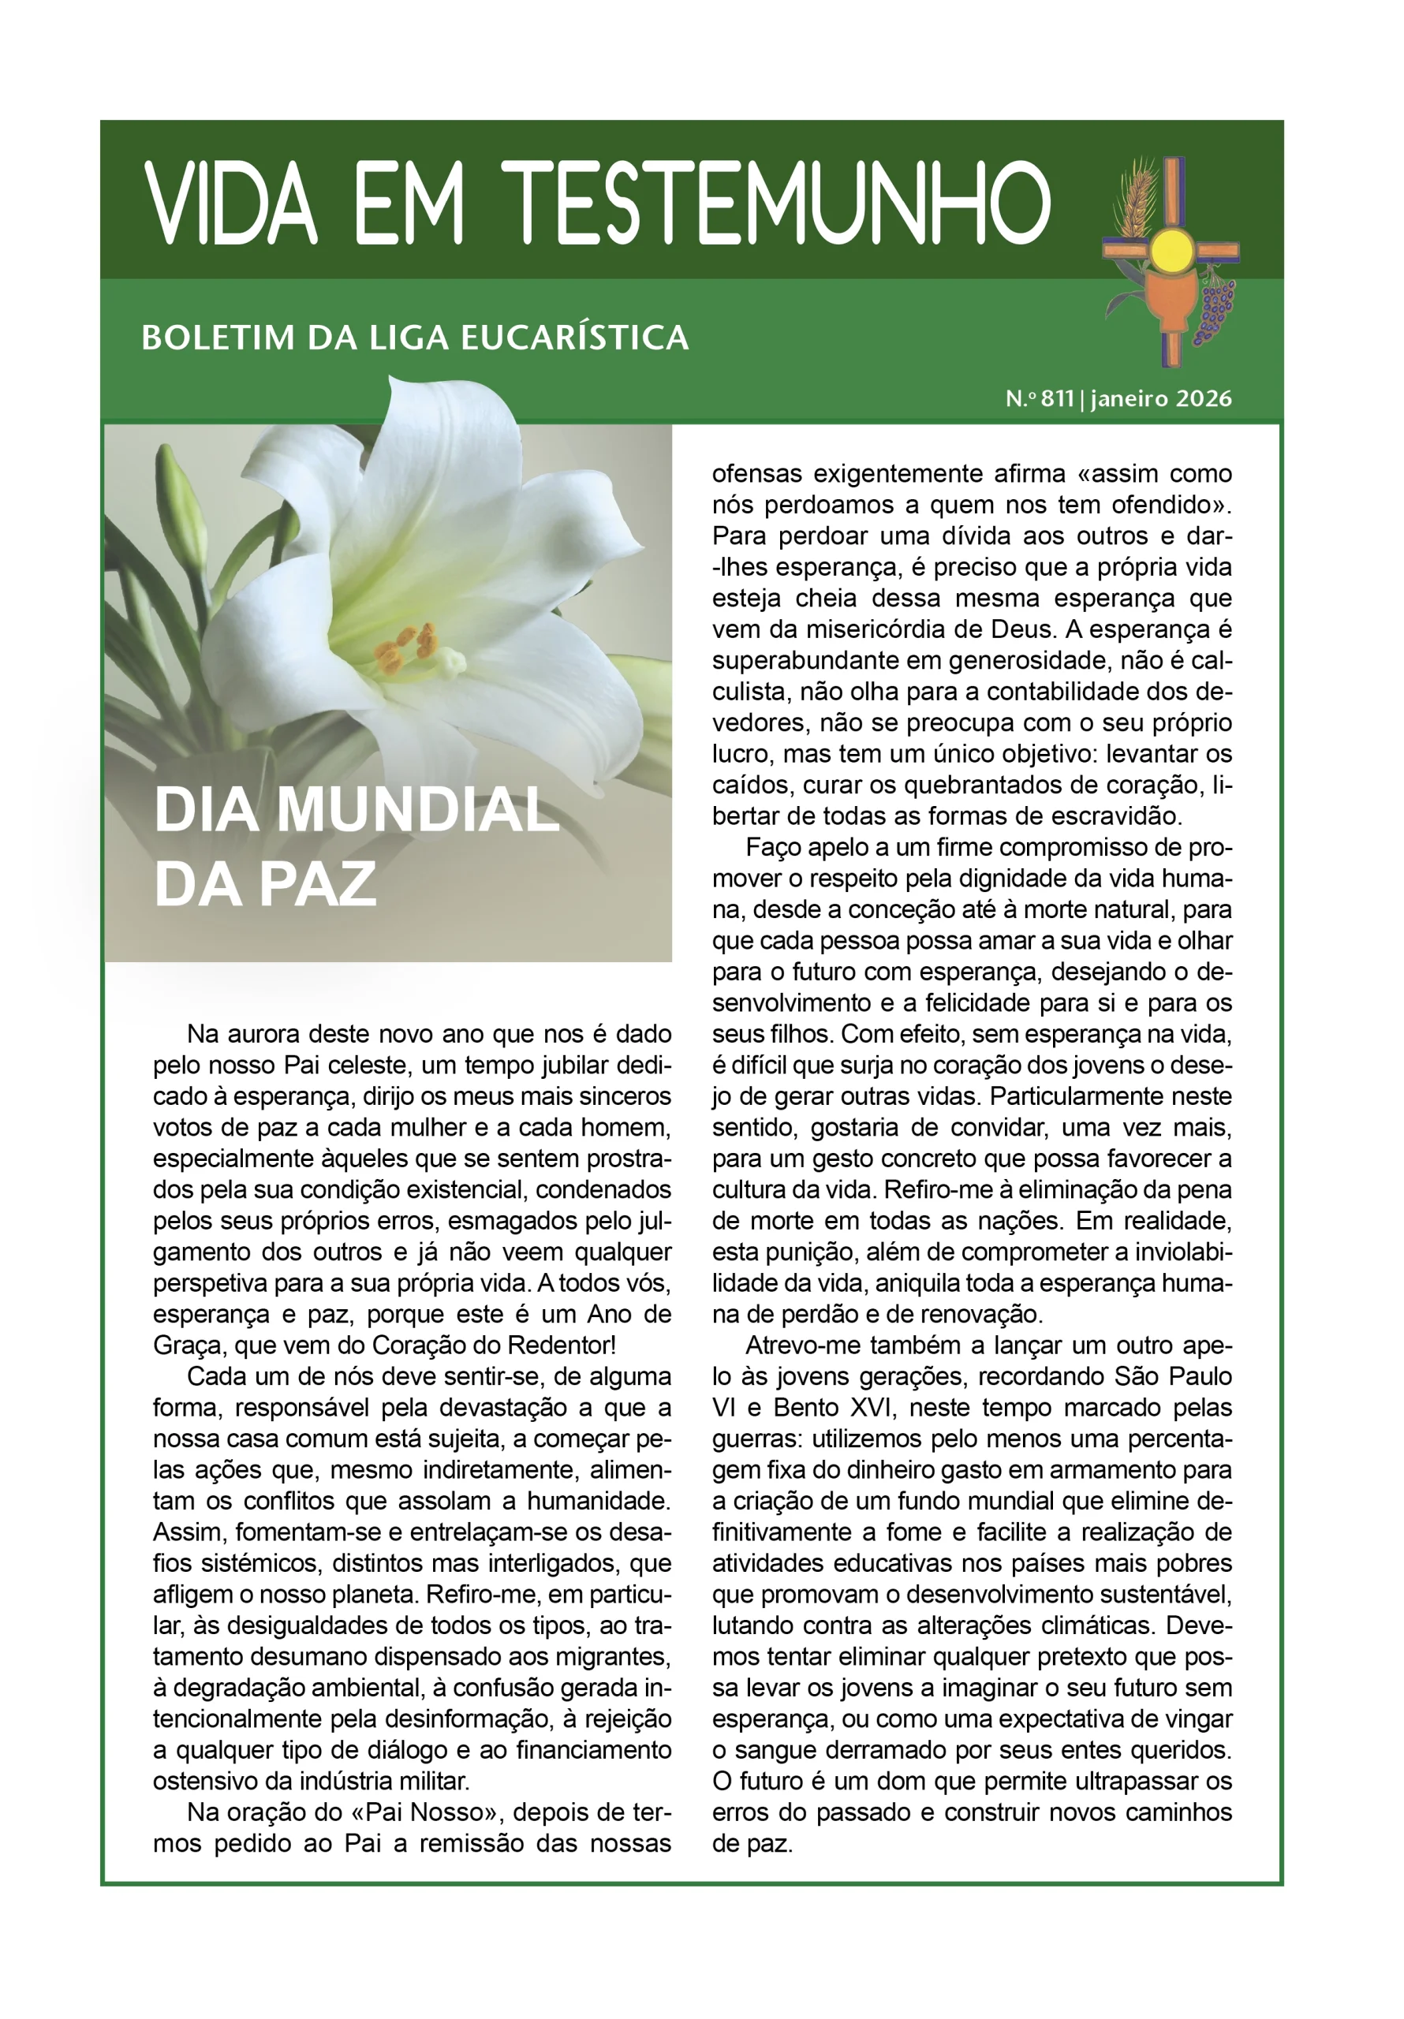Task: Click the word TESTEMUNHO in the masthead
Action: pyautogui.click(x=778, y=204)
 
